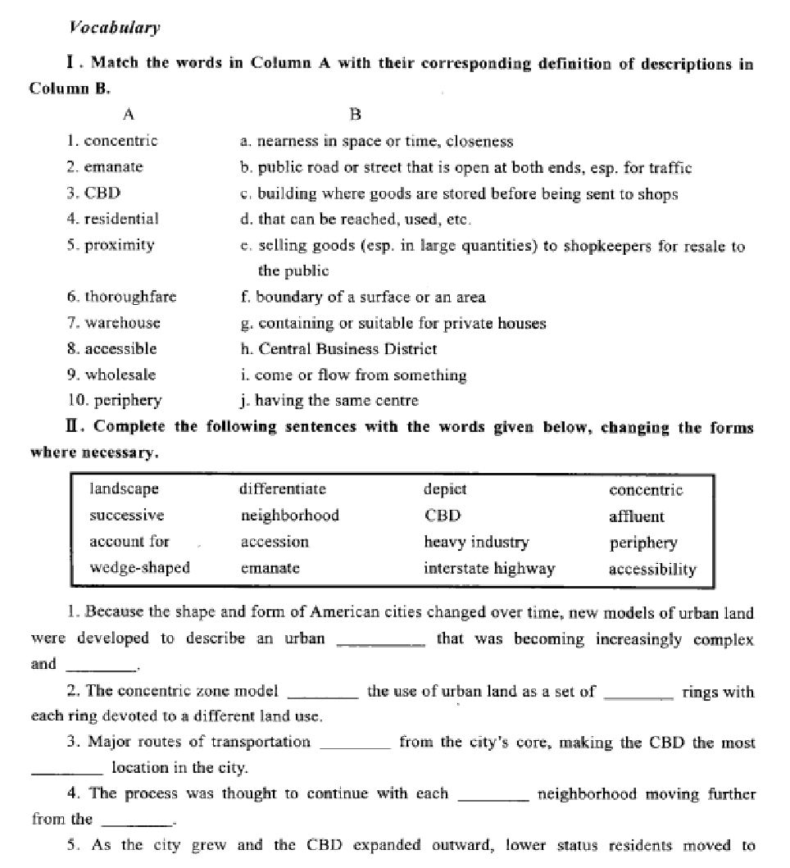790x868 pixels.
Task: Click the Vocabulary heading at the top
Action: [x=115, y=28]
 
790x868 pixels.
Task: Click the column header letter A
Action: [x=129, y=114]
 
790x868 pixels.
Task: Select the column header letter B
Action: [x=355, y=114]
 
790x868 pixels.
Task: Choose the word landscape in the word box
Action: [x=124, y=489]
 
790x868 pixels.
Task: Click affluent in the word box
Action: [x=637, y=516]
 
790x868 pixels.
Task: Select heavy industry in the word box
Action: [x=476, y=543]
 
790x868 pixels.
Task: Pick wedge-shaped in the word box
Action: [x=139, y=568]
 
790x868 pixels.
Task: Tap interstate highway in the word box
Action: [x=489, y=569]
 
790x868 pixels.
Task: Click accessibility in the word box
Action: [x=652, y=569]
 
